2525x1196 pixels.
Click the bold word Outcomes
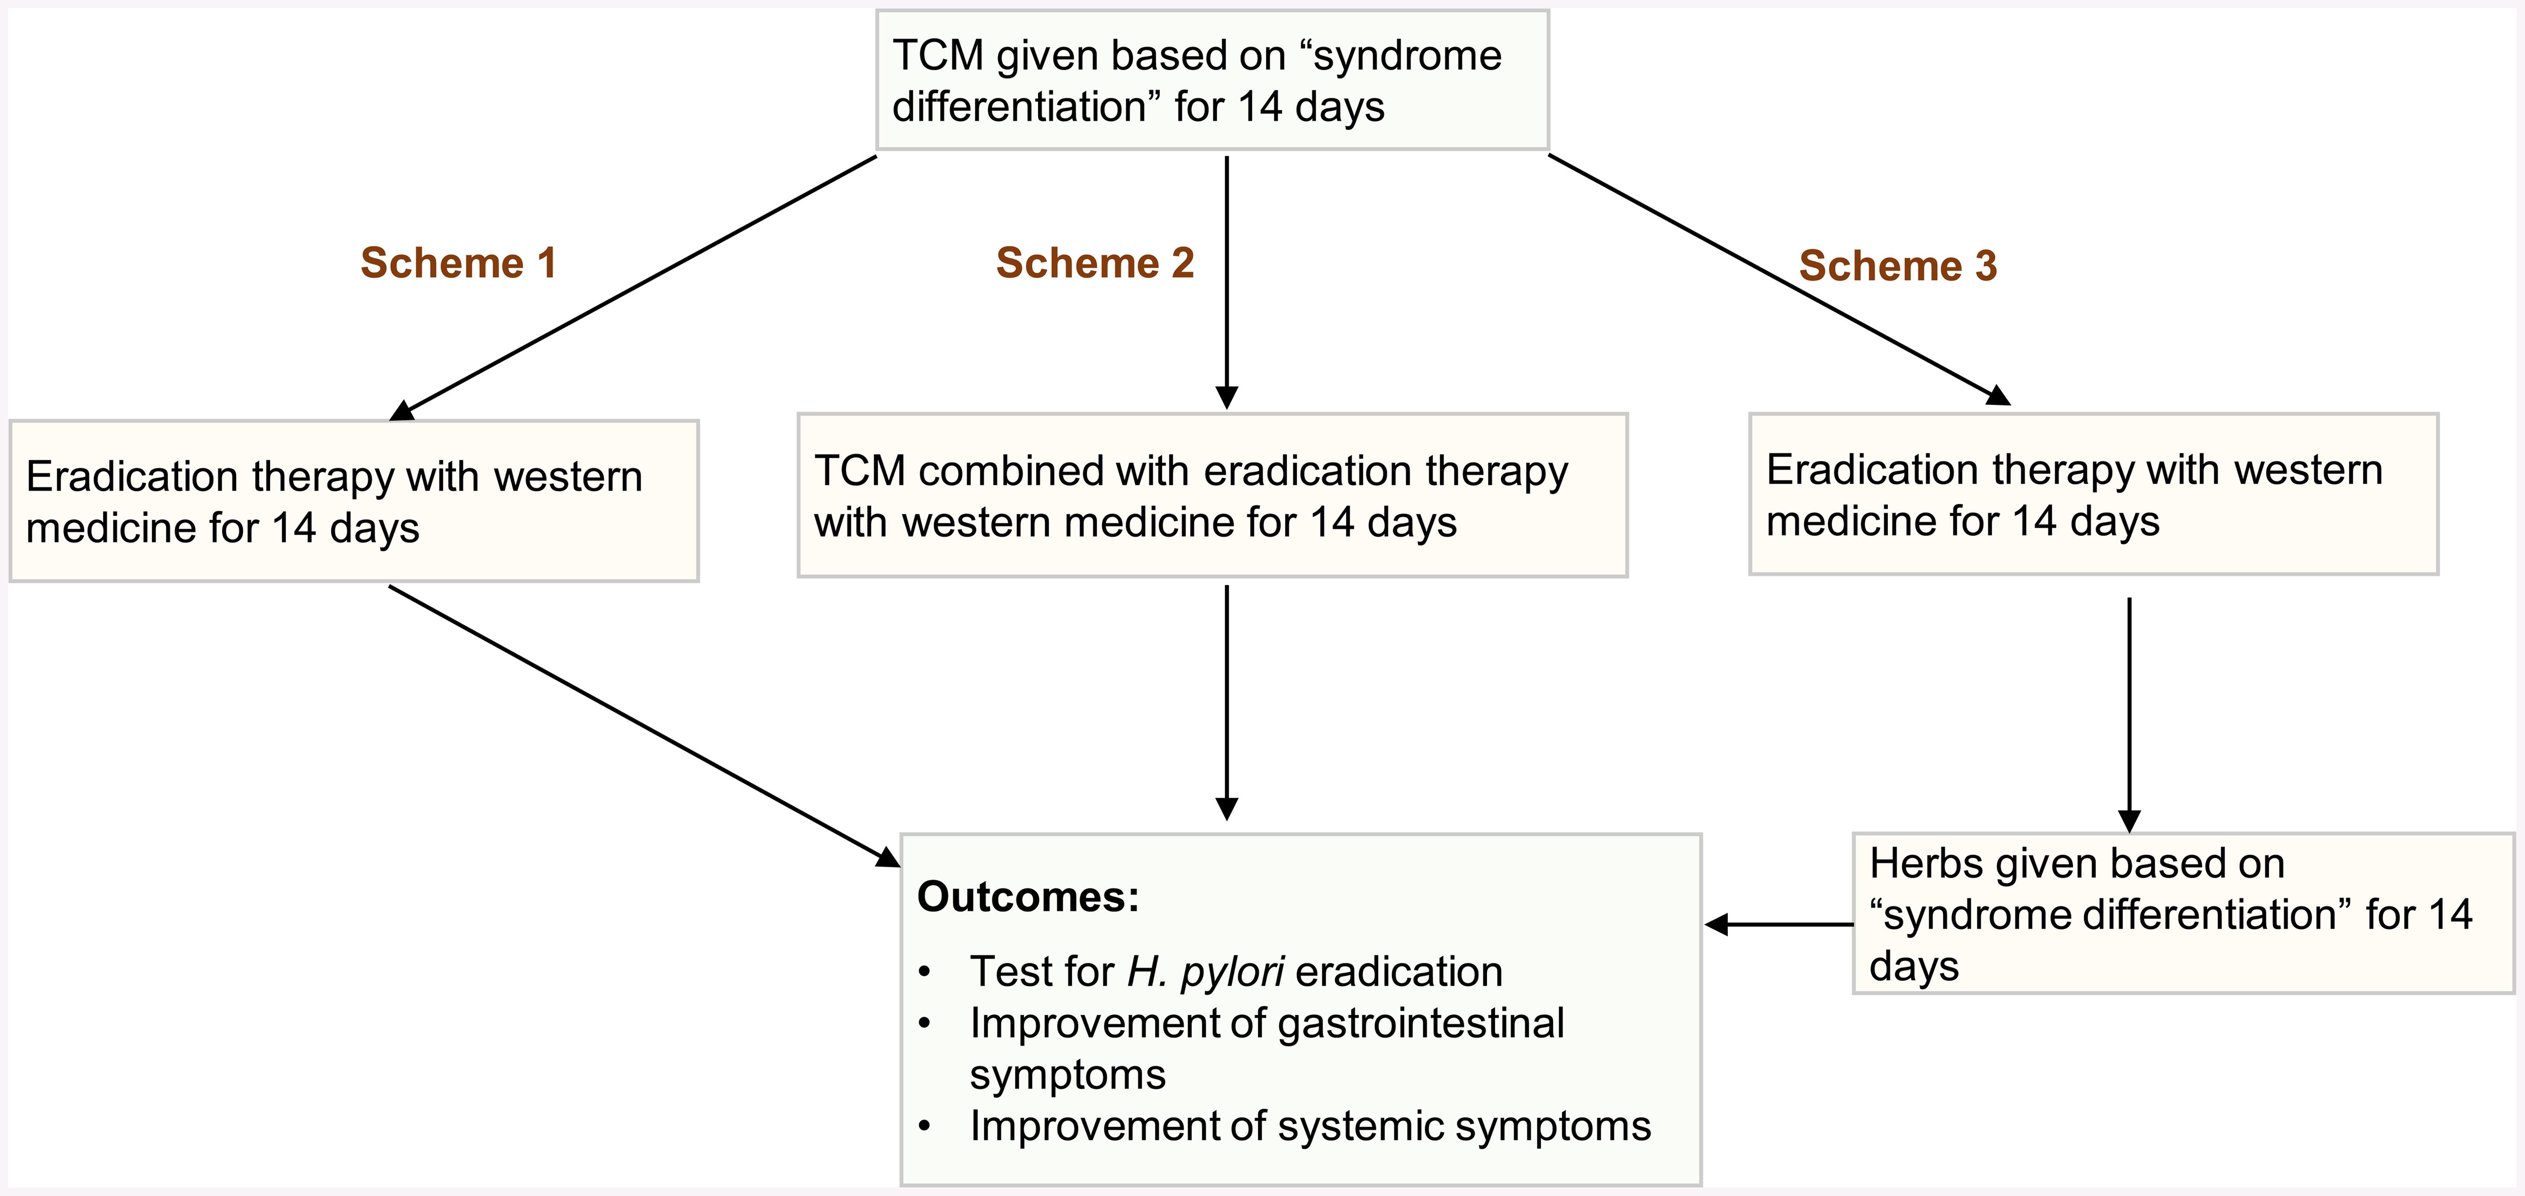click(x=1027, y=897)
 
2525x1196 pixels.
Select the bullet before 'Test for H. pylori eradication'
click(x=924, y=974)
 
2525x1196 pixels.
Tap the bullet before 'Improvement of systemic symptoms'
click(x=924, y=1128)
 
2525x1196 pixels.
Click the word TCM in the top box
click(x=937, y=56)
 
